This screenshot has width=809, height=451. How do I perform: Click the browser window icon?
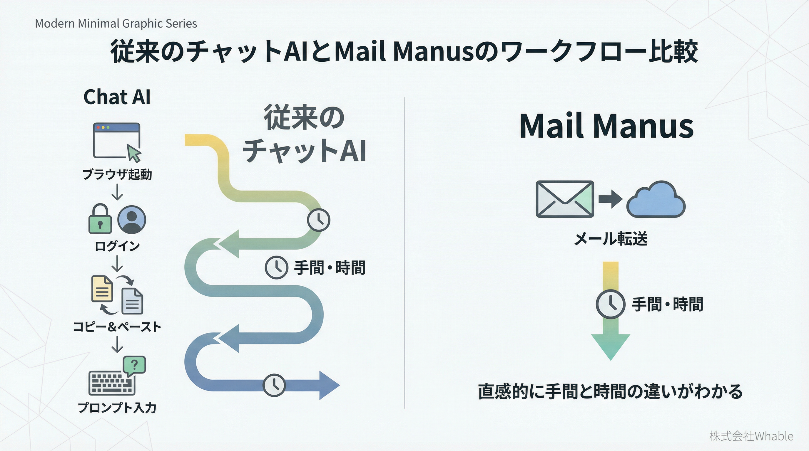(x=116, y=140)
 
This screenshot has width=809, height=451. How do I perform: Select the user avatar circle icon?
(x=132, y=220)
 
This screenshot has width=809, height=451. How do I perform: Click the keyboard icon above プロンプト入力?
(x=111, y=383)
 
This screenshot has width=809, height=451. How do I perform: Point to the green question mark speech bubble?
(x=134, y=365)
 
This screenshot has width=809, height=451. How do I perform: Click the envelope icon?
(x=565, y=199)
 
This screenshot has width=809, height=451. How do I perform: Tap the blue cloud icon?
(x=656, y=200)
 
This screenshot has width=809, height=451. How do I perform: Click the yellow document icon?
(x=102, y=289)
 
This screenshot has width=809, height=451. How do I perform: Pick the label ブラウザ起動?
(x=117, y=174)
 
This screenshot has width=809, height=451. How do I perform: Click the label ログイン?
(x=117, y=246)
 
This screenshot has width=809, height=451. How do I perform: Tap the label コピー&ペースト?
(x=117, y=327)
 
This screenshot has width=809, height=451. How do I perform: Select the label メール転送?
(x=611, y=239)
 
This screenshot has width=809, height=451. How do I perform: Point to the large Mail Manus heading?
(x=606, y=126)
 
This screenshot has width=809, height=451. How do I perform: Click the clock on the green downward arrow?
(x=610, y=304)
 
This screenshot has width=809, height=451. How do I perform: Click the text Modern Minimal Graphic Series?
(x=116, y=23)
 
